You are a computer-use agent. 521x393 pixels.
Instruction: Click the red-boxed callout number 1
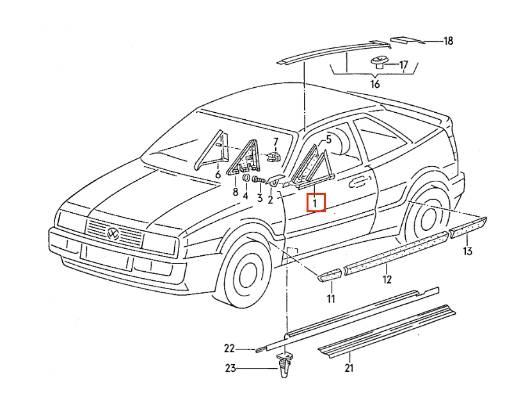(315, 203)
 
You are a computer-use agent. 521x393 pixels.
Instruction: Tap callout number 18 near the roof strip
(449, 41)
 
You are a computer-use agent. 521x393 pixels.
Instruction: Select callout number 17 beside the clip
(403, 65)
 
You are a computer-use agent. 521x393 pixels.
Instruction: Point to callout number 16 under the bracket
(375, 84)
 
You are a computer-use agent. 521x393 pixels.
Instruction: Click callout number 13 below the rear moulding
(467, 251)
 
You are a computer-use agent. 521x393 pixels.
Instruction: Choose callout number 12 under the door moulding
(387, 279)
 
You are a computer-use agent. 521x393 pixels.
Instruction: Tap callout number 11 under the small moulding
(331, 299)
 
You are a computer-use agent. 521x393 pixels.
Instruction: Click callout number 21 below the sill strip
(349, 368)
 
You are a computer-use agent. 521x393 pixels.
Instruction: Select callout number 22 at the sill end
(230, 348)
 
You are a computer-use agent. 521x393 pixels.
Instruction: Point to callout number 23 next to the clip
(230, 368)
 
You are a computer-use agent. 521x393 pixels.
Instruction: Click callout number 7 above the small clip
(276, 142)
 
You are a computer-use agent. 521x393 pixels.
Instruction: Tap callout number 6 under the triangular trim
(218, 174)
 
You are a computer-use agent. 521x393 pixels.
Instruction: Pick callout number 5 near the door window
(328, 139)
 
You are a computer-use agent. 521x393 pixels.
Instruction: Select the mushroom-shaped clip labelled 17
(379, 62)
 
